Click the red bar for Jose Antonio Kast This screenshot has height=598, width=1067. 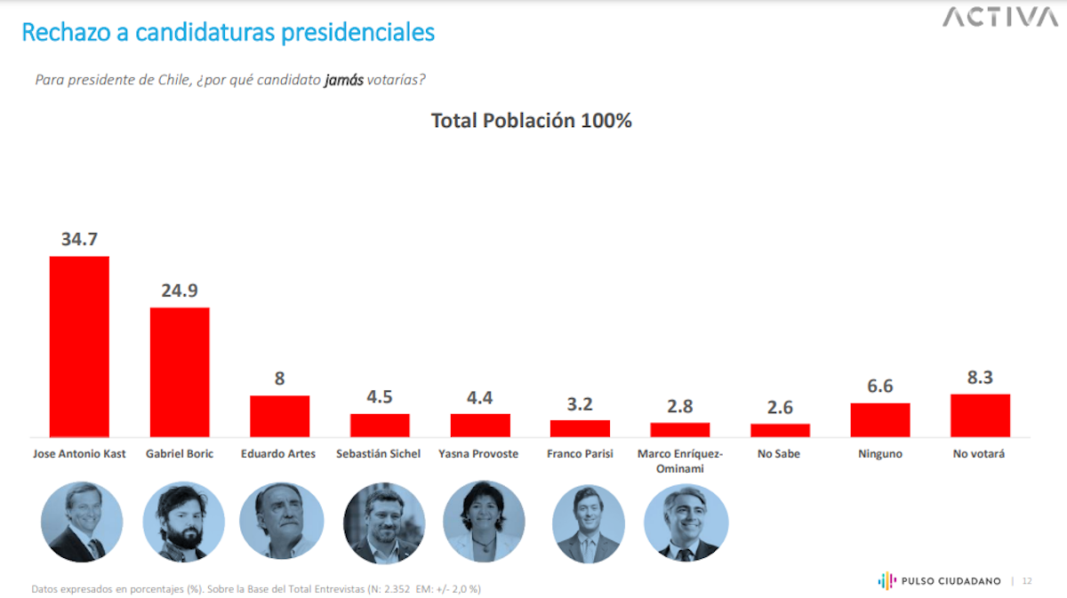[x=79, y=347]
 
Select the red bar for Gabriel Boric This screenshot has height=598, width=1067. [x=180, y=371]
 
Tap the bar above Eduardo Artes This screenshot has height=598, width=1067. [x=279, y=416]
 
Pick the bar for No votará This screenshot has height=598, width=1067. [x=980, y=415]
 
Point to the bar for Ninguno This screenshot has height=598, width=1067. [x=880, y=419]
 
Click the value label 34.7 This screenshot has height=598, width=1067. [x=79, y=240]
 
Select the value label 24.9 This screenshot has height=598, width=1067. [x=180, y=291]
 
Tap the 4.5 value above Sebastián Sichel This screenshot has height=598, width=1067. [x=380, y=397]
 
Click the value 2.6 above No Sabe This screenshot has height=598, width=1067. [x=780, y=407]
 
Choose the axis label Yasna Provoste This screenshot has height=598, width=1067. [x=478, y=454]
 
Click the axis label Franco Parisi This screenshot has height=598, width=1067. [x=580, y=454]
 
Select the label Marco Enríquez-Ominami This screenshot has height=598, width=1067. [x=680, y=459]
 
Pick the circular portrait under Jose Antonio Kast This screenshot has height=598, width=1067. [x=83, y=522]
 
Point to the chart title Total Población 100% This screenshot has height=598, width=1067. [x=531, y=121]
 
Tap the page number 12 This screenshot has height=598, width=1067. [x=1027, y=581]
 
